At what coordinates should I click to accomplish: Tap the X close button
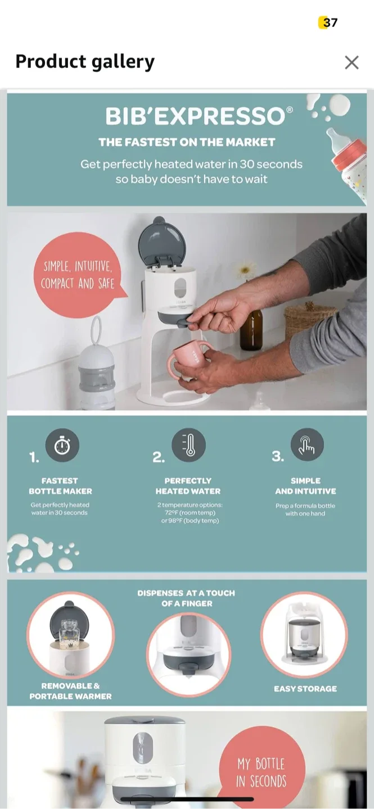(352, 62)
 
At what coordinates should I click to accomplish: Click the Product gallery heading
(85, 62)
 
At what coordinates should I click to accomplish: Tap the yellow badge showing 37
(328, 22)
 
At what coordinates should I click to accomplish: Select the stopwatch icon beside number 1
(62, 446)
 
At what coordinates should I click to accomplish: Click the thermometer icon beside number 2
(188, 445)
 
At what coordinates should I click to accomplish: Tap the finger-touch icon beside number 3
(307, 445)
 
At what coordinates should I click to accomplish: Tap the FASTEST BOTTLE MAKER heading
(60, 486)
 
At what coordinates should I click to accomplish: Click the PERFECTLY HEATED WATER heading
(188, 486)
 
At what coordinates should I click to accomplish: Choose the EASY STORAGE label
(305, 689)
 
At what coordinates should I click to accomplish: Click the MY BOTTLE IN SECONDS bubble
(262, 772)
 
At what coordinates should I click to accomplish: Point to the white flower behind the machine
(246, 270)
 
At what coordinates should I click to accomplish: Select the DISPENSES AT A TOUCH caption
(186, 598)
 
